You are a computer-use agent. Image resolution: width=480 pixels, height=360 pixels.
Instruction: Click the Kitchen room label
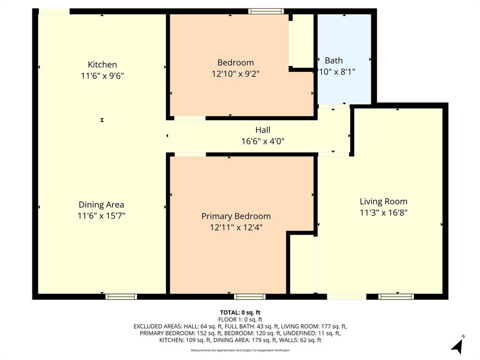click(102, 65)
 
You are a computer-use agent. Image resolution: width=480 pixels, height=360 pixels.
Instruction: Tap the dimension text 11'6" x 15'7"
click(101, 216)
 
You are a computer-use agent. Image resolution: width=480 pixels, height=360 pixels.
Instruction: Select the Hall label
click(262, 130)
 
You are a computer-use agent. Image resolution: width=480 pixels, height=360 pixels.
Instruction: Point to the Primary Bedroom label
click(236, 216)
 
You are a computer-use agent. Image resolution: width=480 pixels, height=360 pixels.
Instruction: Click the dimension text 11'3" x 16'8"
click(383, 212)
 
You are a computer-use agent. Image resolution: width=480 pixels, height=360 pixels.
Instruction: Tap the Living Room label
click(383, 202)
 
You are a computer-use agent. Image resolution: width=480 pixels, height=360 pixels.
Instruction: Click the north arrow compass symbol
click(457, 345)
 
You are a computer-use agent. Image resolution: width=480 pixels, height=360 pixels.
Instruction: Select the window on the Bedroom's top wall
click(266, 11)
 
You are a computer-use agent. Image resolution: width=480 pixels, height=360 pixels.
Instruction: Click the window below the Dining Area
click(121, 296)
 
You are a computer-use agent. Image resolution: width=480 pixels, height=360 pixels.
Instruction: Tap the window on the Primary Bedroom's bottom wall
click(249, 296)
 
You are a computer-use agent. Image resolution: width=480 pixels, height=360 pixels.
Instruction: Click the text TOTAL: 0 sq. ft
click(240, 312)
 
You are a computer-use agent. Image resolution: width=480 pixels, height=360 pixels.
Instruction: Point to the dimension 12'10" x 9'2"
click(235, 74)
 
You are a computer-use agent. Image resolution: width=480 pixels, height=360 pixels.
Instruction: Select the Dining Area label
click(101, 205)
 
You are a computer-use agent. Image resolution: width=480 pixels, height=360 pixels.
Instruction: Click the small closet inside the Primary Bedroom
click(301, 263)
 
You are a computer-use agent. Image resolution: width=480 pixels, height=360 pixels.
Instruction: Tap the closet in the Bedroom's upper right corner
click(303, 40)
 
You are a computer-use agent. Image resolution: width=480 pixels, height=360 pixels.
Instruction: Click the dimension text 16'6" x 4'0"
click(262, 141)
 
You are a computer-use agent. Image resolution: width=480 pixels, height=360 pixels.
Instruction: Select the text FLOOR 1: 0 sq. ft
click(240, 319)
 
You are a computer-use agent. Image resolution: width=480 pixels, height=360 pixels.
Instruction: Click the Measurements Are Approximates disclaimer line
click(240, 350)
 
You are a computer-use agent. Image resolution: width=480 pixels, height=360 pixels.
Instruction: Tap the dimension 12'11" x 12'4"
click(236, 227)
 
